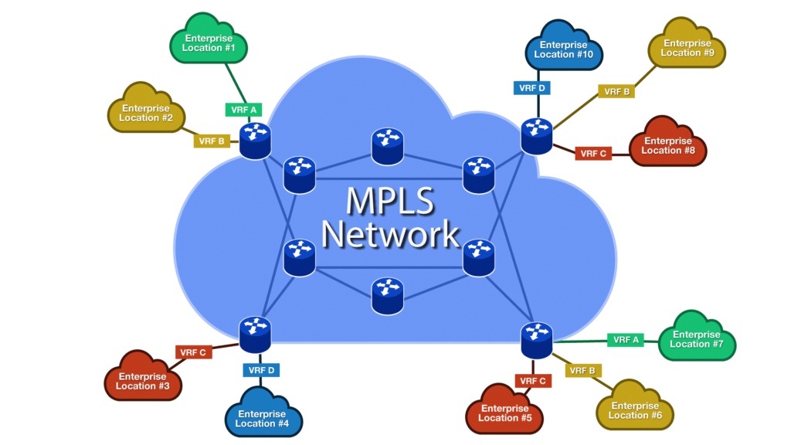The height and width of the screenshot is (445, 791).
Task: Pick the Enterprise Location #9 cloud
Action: (687, 48)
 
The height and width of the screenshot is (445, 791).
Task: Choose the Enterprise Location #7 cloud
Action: (696, 339)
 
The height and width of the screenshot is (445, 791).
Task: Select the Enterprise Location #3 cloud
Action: (143, 381)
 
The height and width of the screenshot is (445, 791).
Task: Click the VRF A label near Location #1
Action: (244, 110)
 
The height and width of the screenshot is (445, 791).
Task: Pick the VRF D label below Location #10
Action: (532, 88)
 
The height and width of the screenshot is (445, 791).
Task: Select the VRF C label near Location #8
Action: (593, 154)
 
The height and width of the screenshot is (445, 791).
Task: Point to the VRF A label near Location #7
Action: (626, 339)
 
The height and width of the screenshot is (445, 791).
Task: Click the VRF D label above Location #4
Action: (261, 370)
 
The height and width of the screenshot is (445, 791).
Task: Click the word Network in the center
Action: (390, 233)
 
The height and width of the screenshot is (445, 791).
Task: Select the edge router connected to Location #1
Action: (255, 141)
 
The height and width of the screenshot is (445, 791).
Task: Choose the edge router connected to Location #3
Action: (255, 334)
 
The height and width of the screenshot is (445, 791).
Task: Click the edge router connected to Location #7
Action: (537, 339)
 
